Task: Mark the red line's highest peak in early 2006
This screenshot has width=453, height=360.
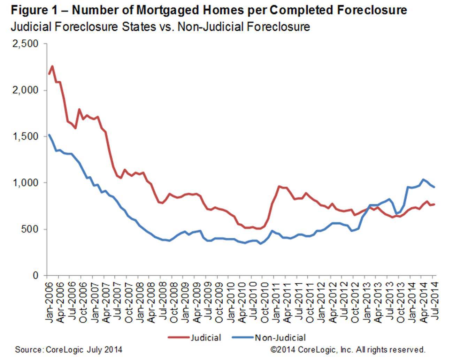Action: (52, 66)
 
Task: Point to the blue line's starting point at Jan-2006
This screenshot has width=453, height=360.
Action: (49, 135)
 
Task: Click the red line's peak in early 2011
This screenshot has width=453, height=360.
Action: (279, 186)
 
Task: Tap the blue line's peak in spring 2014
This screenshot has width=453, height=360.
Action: (424, 179)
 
